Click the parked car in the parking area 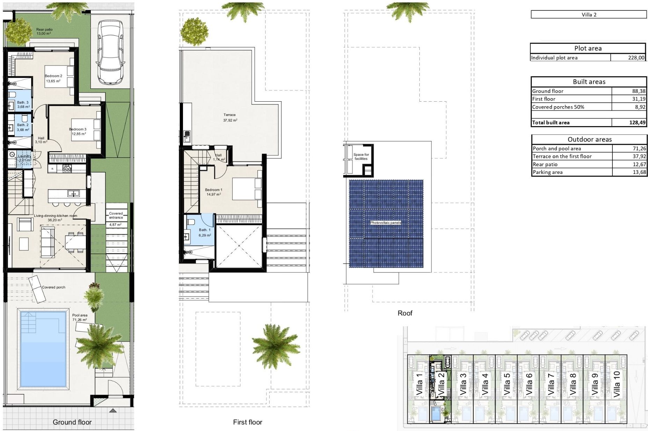pyautogui.click(x=110, y=52)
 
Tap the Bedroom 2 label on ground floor pyautogui.click(x=53, y=76)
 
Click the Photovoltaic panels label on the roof pyautogui.click(x=385, y=222)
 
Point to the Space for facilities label pyautogui.click(x=361, y=156)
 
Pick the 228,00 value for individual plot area pyautogui.click(x=636, y=58)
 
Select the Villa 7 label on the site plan pyautogui.click(x=551, y=384)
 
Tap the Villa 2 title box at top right pyautogui.click(x=589, y=15)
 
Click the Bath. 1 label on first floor pyautogui.click(x=205, y=230)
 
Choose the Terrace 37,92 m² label pyautogui.click(x=230, y=117)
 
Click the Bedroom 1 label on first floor pyautogui.click(x=213, y=190)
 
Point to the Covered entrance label pyautogui.click(x=116, y=215)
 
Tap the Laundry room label pyautogui.click(x=24, y=156)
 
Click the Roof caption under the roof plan pyautogui.click(x=405, y=313)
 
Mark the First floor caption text pyautogui.click(x=247, y=422)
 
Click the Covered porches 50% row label pyautogui.click(x=558, y=107)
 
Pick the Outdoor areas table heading pyautogui.click(x=589, y=139)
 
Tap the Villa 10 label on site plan pyautogui.click(x=616, y=384)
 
